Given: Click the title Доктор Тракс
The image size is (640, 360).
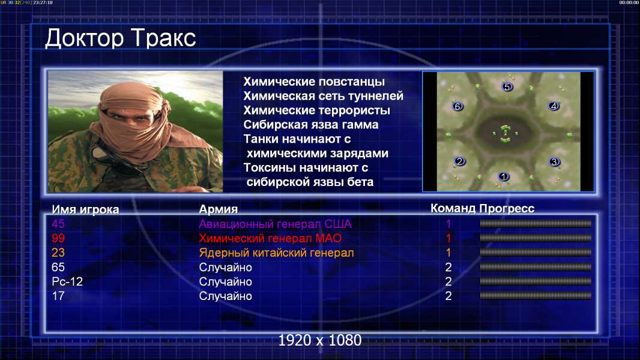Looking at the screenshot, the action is click(121, 38).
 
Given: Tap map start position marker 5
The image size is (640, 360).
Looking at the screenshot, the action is click(507, 86).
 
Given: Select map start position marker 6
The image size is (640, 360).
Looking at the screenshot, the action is click(457, 106).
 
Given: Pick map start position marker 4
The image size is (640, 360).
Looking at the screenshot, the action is click(554, 106).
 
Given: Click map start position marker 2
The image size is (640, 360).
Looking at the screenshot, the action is click(460, 161).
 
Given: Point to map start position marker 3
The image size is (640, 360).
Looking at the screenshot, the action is click(554, 162).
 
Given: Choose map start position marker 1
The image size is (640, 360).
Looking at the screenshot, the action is click(503, 176).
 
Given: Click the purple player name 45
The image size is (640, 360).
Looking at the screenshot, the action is click(58, 224).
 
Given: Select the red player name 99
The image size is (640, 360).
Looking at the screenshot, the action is click(58, 238).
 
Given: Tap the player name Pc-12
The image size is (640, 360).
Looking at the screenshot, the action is click(67, 282).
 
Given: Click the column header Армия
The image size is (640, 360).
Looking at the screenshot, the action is click(219, 209).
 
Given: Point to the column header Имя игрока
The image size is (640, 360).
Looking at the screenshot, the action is click(85, 209).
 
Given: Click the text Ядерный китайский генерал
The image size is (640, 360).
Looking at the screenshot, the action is click(276, 253).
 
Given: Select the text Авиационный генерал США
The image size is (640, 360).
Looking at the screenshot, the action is click(275, 224).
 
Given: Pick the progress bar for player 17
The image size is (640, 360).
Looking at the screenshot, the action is click(536, 296).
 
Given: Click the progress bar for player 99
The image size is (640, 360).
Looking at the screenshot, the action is click(536, 238).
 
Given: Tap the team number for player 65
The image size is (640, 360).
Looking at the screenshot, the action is click(448, 268).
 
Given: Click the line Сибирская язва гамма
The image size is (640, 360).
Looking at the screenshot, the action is click(310, 125).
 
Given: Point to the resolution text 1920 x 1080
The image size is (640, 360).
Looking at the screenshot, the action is click(319, 340).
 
